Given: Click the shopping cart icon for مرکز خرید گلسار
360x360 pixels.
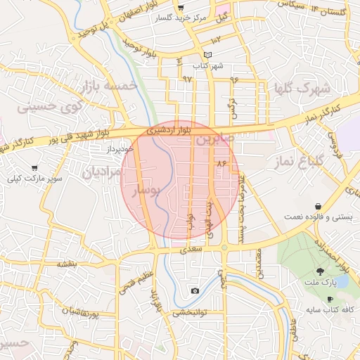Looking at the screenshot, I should pos(181,8).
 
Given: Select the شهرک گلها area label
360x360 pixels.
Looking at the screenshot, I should pos(304,88).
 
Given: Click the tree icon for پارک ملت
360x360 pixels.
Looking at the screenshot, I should pos(320,271).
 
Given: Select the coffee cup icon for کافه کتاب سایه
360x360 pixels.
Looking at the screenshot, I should pos(330,299).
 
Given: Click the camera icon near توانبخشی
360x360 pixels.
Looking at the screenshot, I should pos(195,291).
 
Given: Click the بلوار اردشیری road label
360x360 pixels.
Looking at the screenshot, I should pos(169,131).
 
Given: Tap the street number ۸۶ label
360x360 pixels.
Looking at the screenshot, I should pos(224,163).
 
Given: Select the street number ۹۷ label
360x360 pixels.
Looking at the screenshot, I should pos(187,79).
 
